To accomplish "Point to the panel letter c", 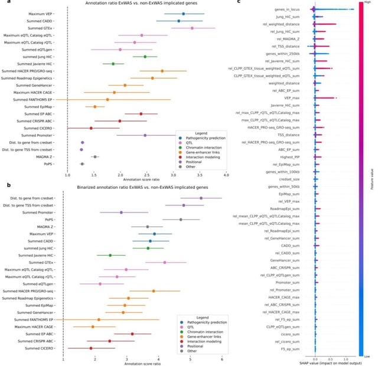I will click(237, 2).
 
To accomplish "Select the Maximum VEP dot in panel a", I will click(184, 14).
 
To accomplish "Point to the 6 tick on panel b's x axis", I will click(221, 357).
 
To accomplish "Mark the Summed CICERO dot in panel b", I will click(91, 348).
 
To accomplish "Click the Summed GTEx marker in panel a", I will click(192, 28).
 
